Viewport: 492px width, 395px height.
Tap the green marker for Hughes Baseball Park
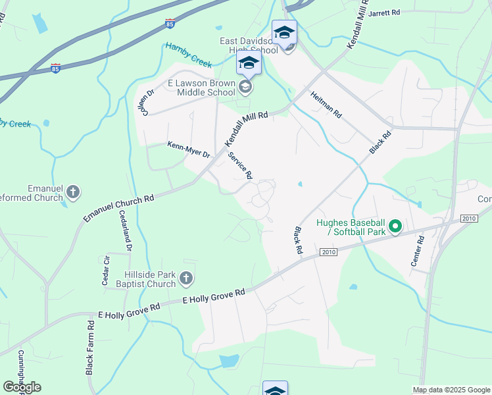coord(395,227)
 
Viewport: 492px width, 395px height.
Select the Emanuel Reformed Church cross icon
coord(73,192)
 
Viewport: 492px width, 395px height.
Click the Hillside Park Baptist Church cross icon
coord(186,278)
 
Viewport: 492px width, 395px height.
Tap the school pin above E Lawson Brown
coord(249,65)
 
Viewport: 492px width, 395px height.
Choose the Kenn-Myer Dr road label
coord(188,149)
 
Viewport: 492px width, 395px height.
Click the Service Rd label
coord(241,165)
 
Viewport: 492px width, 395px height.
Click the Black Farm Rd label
coord(89,348)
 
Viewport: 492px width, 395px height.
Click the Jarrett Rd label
coord(385,13)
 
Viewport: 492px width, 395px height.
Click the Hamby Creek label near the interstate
coord(188,55)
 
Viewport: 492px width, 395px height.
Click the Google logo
coord(22,387)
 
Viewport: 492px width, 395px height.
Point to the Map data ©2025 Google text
coord(451,390)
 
